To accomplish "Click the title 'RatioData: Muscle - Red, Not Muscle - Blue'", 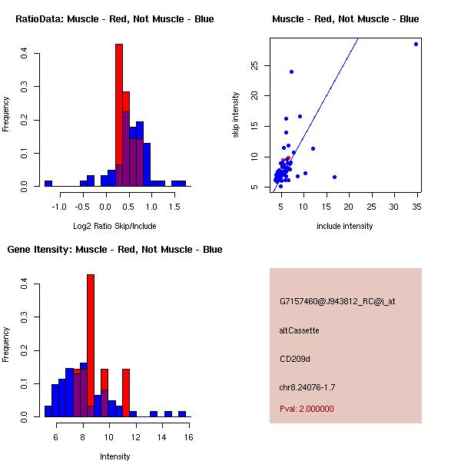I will click(114, 19).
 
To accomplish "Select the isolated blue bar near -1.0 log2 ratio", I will click(48, 184).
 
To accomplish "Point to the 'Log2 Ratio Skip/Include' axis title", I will click(114, 226).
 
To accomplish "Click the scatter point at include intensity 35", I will click(416, 44).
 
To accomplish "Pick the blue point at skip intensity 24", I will click(291, 71).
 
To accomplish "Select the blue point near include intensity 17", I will click(334, 177).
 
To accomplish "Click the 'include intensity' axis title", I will click(345, 226).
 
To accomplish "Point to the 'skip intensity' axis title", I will click(237, 115).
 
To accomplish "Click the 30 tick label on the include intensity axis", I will click(394, 206).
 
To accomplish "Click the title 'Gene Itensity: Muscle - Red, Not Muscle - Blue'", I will click(114, 250).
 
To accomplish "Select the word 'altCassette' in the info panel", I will click(300, 330).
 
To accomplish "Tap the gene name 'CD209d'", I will click(295, 359).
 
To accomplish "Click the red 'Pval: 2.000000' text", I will click(307, 409).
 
